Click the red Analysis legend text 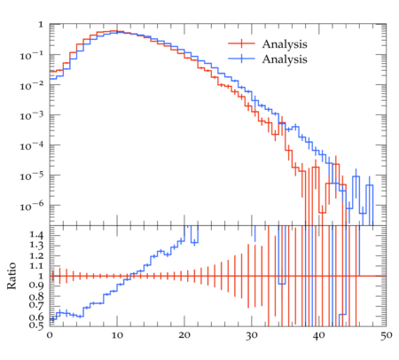pos(285,44)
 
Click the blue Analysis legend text pos(285,59)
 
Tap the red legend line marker pos(241,43)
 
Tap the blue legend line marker pos(241,59)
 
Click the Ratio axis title pos(12,276)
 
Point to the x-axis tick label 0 pos(50,335)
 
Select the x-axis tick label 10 pos(117,335)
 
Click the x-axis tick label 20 pos(184,335)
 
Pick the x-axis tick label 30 pos(252,335)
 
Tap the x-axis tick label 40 pos(319,335)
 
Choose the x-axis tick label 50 pos(387,335)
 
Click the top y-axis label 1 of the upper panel pos(41,25)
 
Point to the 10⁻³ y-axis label pos(32,115)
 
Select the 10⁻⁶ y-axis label pos(32,206)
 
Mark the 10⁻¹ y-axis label pos(32,55)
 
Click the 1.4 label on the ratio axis pos(36,235)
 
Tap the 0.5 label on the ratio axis pos(36,325)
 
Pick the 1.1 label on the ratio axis pos(36,265)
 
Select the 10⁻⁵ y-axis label pos(32,176)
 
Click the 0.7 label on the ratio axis pos(36,304)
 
